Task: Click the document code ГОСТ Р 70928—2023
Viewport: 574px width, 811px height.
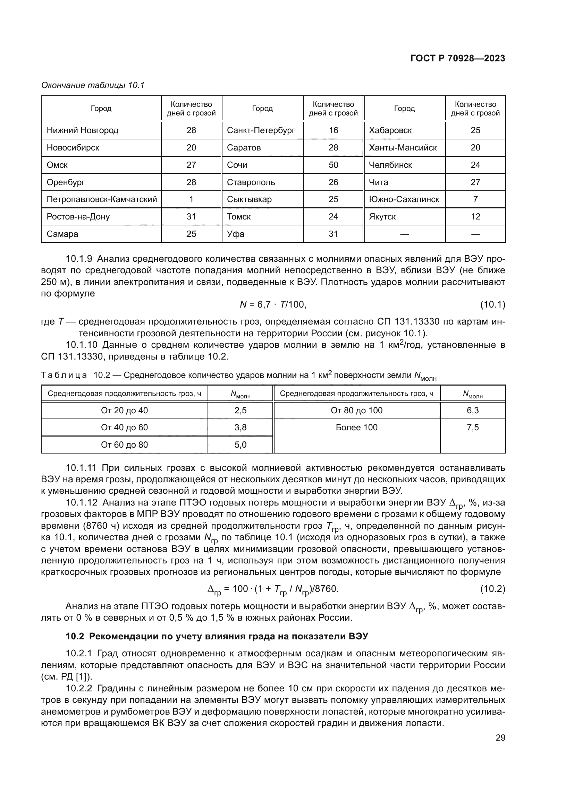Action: [458, 59]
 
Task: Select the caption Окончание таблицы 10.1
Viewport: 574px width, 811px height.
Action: [93, 85]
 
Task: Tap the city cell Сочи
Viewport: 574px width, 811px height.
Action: [237, 165]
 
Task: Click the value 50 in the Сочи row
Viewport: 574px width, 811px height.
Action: [333, 165]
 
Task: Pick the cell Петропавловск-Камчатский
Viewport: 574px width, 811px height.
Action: [102, 199]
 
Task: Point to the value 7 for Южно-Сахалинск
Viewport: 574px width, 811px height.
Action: [475, 199]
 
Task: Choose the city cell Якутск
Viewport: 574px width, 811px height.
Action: [382, 216]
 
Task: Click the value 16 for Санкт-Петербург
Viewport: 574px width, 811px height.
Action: [333, 130]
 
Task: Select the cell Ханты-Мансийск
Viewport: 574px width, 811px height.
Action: [403, 148]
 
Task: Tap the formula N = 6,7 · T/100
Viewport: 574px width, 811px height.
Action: [273, 304]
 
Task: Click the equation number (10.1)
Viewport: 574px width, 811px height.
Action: [492, 304]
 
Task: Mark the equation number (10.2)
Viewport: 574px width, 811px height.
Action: [492, 589]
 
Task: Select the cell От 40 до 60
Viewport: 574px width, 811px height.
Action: [125, 428]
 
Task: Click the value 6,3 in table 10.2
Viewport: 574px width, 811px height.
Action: [473, 411]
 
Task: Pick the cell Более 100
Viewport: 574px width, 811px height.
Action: [357, 428]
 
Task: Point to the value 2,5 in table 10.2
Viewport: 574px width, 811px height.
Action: [240, 411]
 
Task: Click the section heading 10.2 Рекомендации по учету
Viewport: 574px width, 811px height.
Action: [217, 636]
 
